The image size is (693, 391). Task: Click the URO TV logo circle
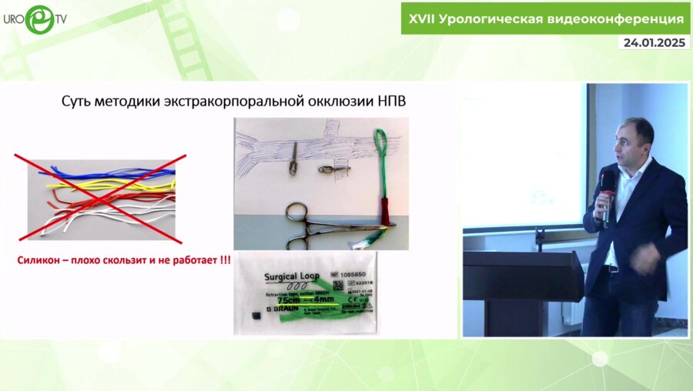click(39, 18)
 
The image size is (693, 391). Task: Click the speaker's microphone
click(608, 185)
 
